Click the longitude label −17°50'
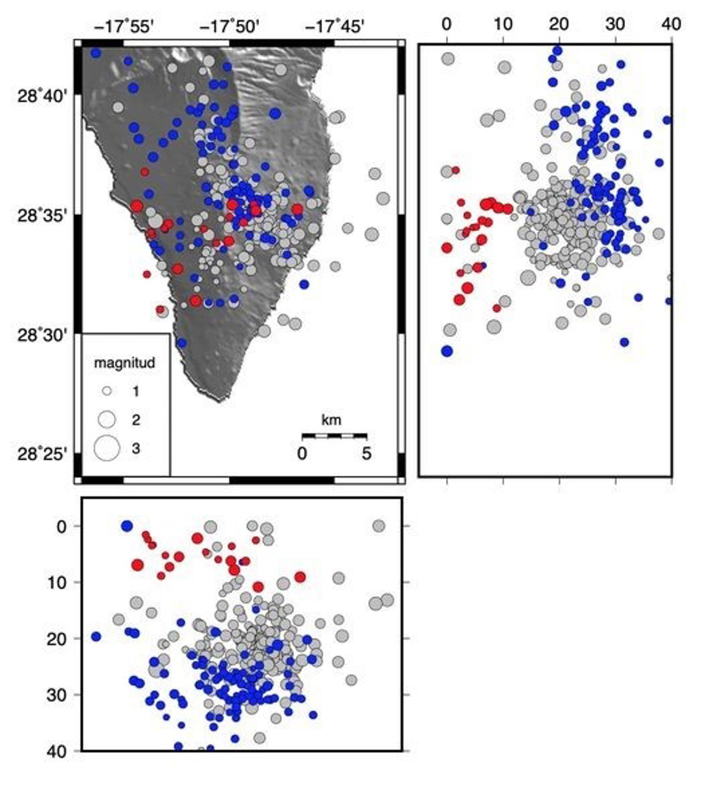click(229, 27)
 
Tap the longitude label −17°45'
click(335, 27)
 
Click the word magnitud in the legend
click(124, 363)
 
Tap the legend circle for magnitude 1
click(107, 391)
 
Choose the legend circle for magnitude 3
click(107, 448)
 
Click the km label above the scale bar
click(331, 420)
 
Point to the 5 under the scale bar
click(366, 454)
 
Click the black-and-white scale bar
click(334, 435)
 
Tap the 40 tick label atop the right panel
click(671, 25)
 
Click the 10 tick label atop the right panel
click(503, 25)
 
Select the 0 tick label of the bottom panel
click(62, 527)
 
